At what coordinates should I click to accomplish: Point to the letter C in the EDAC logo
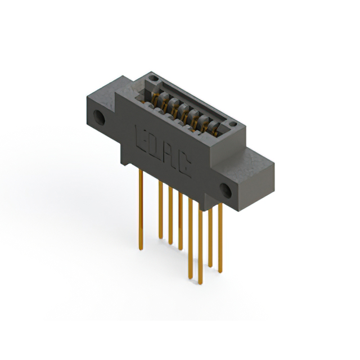click(185, 165)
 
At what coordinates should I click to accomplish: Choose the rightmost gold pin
click(220, 236)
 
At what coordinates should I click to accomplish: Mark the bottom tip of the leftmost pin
click(140, 247)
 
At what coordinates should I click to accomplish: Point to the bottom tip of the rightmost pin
click(220, 272)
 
